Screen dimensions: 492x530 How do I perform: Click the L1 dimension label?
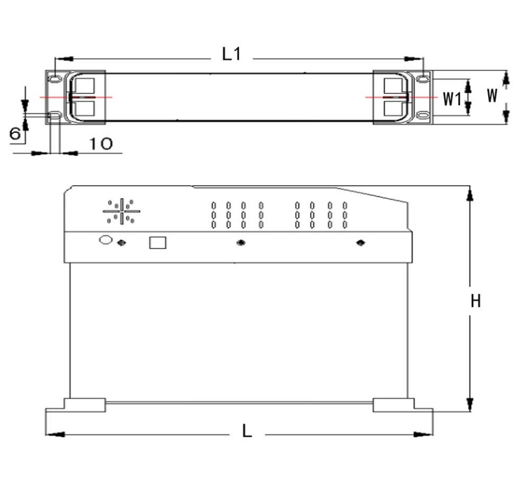(231, 54)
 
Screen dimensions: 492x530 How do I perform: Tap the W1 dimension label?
(452, 98)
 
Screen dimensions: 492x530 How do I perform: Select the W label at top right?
(492, 95)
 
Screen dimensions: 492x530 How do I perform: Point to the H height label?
(476, 301)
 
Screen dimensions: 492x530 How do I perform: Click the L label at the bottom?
(247, 432)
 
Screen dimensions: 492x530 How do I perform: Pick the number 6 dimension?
(15, 134)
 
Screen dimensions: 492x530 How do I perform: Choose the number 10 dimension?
(101, 144)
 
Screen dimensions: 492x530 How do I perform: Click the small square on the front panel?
(158, 242)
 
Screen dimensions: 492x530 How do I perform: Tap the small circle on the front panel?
(105, 240)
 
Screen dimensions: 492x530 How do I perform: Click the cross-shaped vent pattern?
(122, 210)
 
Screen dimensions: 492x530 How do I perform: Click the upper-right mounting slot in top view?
(423, 79)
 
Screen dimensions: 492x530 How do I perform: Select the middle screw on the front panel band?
(240, 243)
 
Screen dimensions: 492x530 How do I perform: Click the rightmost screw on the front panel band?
(361, 242)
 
